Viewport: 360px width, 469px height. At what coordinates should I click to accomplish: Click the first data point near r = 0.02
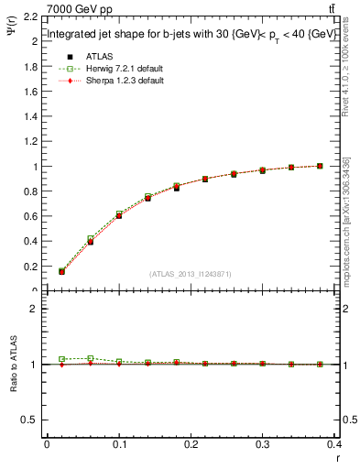[x=61, y=271]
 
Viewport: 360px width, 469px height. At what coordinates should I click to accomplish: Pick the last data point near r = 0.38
[x=320, y=166]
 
